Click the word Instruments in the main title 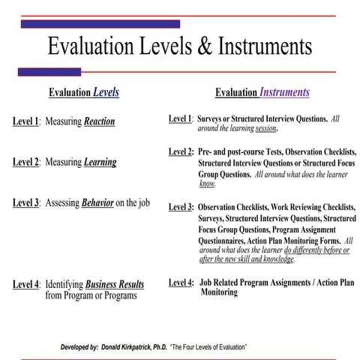pyautogui.click(x=265, y=46)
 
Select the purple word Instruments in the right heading pyautogui.click(x=284, y=94)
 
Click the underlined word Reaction pyautogui.click(x=99, y=121)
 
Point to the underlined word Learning pyautogui.click(x=100, y=162)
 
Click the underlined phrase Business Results pyautogui.click(x=117, y=284)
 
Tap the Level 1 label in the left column pyautogui.click(x=26, y=121)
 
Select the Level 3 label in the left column pyautogui.click(x=26, y=202)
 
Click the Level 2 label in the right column pyautogui.click(x=181, y=152)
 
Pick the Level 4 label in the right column pyautogui.click(x=181, y=283)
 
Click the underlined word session pyautogui.click(x=266, y=128)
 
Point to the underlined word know pyautogui.click(x=208, y=182)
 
